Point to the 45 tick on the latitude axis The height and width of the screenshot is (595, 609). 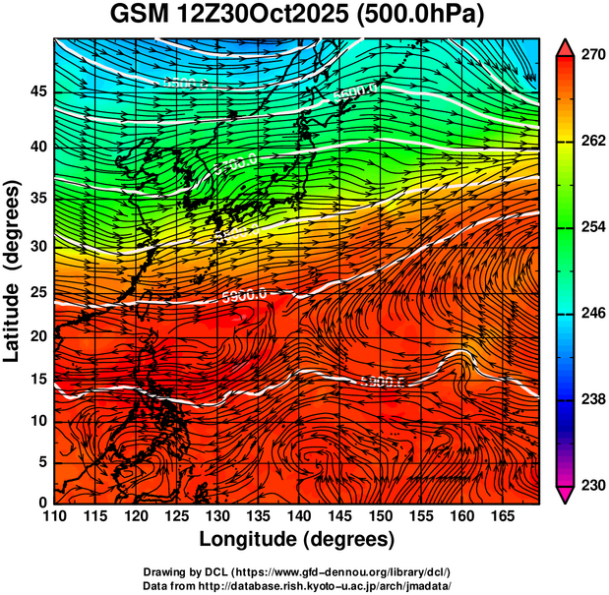[36, 91]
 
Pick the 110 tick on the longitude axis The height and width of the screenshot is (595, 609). [54, 516]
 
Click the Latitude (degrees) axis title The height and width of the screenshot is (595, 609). [14, 270]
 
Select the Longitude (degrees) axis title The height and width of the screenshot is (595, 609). [297, 540]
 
